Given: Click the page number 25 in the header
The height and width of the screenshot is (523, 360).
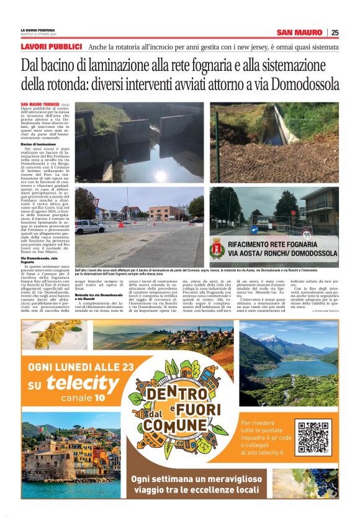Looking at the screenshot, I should pyautogui.click(x=335, y=32).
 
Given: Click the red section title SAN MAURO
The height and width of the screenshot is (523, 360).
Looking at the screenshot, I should pyautogui.click(x=300, y=32).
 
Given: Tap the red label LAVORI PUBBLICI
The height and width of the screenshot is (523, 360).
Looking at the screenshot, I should pyautogui.click(x=52, y=47).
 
